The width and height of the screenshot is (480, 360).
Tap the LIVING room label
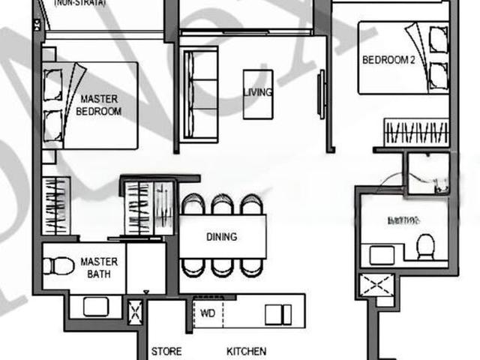[257, 92]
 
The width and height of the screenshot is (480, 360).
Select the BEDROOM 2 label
[388, 60]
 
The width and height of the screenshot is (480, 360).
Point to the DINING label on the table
[221, 237]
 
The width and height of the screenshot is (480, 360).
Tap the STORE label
[166, 351]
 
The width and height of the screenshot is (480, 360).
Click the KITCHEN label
[246, 351]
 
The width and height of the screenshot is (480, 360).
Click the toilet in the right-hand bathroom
[425, 247]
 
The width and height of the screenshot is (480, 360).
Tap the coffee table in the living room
[257, 94]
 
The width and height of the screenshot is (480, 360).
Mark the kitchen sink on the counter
[278, 313]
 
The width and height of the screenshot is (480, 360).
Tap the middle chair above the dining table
[221, 204]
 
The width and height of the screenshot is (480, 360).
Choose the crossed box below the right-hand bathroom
[376, 286]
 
